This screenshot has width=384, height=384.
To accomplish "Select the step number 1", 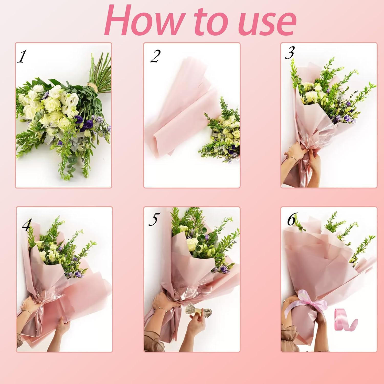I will tap(22, 57).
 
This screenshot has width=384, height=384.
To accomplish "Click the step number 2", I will tap(155, 56).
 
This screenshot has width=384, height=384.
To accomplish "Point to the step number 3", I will tap(290, 53).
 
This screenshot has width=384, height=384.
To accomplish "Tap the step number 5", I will tap(153, 219).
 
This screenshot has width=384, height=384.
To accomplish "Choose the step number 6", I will tap(292, 220).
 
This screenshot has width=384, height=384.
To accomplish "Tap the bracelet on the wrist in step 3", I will tap(294, 158).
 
